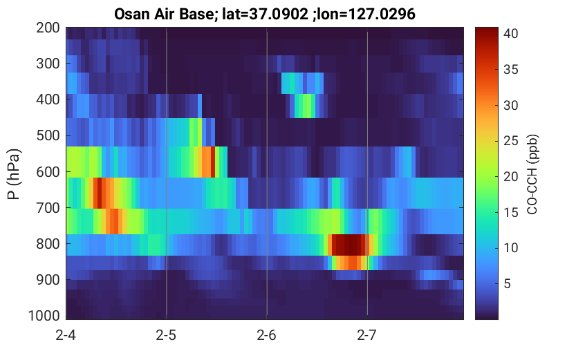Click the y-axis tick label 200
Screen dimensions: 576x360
click(x=48, y=28)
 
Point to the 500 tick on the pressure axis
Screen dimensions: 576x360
click(x=48, y=135)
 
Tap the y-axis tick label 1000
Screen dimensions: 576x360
click(x=44, y=315)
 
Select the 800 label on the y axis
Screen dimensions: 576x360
click(x=48, y=244)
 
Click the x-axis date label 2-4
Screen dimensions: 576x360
click(x=66, y=335)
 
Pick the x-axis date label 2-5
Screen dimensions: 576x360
click(x=166, y=335)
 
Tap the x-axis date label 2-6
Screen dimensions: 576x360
click(x=266, y=335)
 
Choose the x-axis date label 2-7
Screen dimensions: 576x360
click(x=366, y=335)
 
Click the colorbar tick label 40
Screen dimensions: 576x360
click(x=510, y=34)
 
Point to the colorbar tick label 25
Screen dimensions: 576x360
click(x=510, y=141)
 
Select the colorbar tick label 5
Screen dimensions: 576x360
click(x=507, y=283)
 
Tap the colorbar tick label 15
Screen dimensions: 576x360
click(x=510, y=212)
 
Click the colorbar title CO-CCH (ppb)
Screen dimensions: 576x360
click(x=532, y=174)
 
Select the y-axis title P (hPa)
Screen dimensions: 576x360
click(x=14, y=174)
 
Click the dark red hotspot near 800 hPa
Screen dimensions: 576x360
click(x=349, y=245)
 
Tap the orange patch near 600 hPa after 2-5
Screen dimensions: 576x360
click(x=207, y=162)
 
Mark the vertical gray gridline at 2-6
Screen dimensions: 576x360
click(x=267, y=173)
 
